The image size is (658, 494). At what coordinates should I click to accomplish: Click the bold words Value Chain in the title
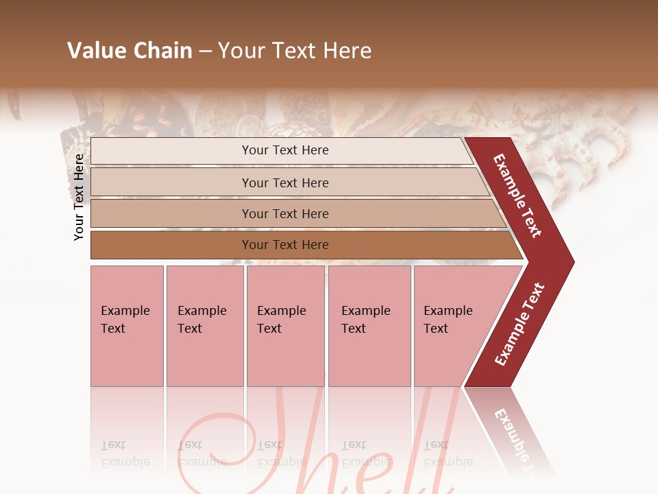coord(130,51)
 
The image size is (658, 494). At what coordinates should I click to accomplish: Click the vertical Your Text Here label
coord(79,197)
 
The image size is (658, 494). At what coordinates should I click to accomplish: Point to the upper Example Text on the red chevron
coord(517,196)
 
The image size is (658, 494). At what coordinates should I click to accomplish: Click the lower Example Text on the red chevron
coord(520,324)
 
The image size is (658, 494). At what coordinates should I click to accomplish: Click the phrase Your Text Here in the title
coord(295,51)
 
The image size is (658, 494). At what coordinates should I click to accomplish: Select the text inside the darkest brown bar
coord(285,245)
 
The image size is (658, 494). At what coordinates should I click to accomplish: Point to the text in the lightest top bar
coord(285,150)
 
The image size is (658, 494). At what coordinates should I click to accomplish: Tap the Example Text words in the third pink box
coord(281,319)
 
